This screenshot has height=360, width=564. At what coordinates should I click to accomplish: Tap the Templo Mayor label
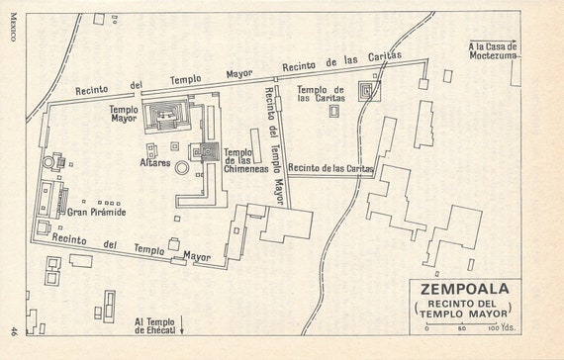pyautogui.click(x=124, y=115)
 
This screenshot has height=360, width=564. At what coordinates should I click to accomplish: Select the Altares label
pyautogui.click(x=154, y=161)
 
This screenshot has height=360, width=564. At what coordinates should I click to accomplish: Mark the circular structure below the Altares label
pyautogui.click(x=182, y=169)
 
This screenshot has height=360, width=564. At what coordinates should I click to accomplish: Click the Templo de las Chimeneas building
pyautogui.click(x=209, y=152)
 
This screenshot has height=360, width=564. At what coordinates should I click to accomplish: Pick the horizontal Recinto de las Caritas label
pyautogui.click(x=331, y=169)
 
